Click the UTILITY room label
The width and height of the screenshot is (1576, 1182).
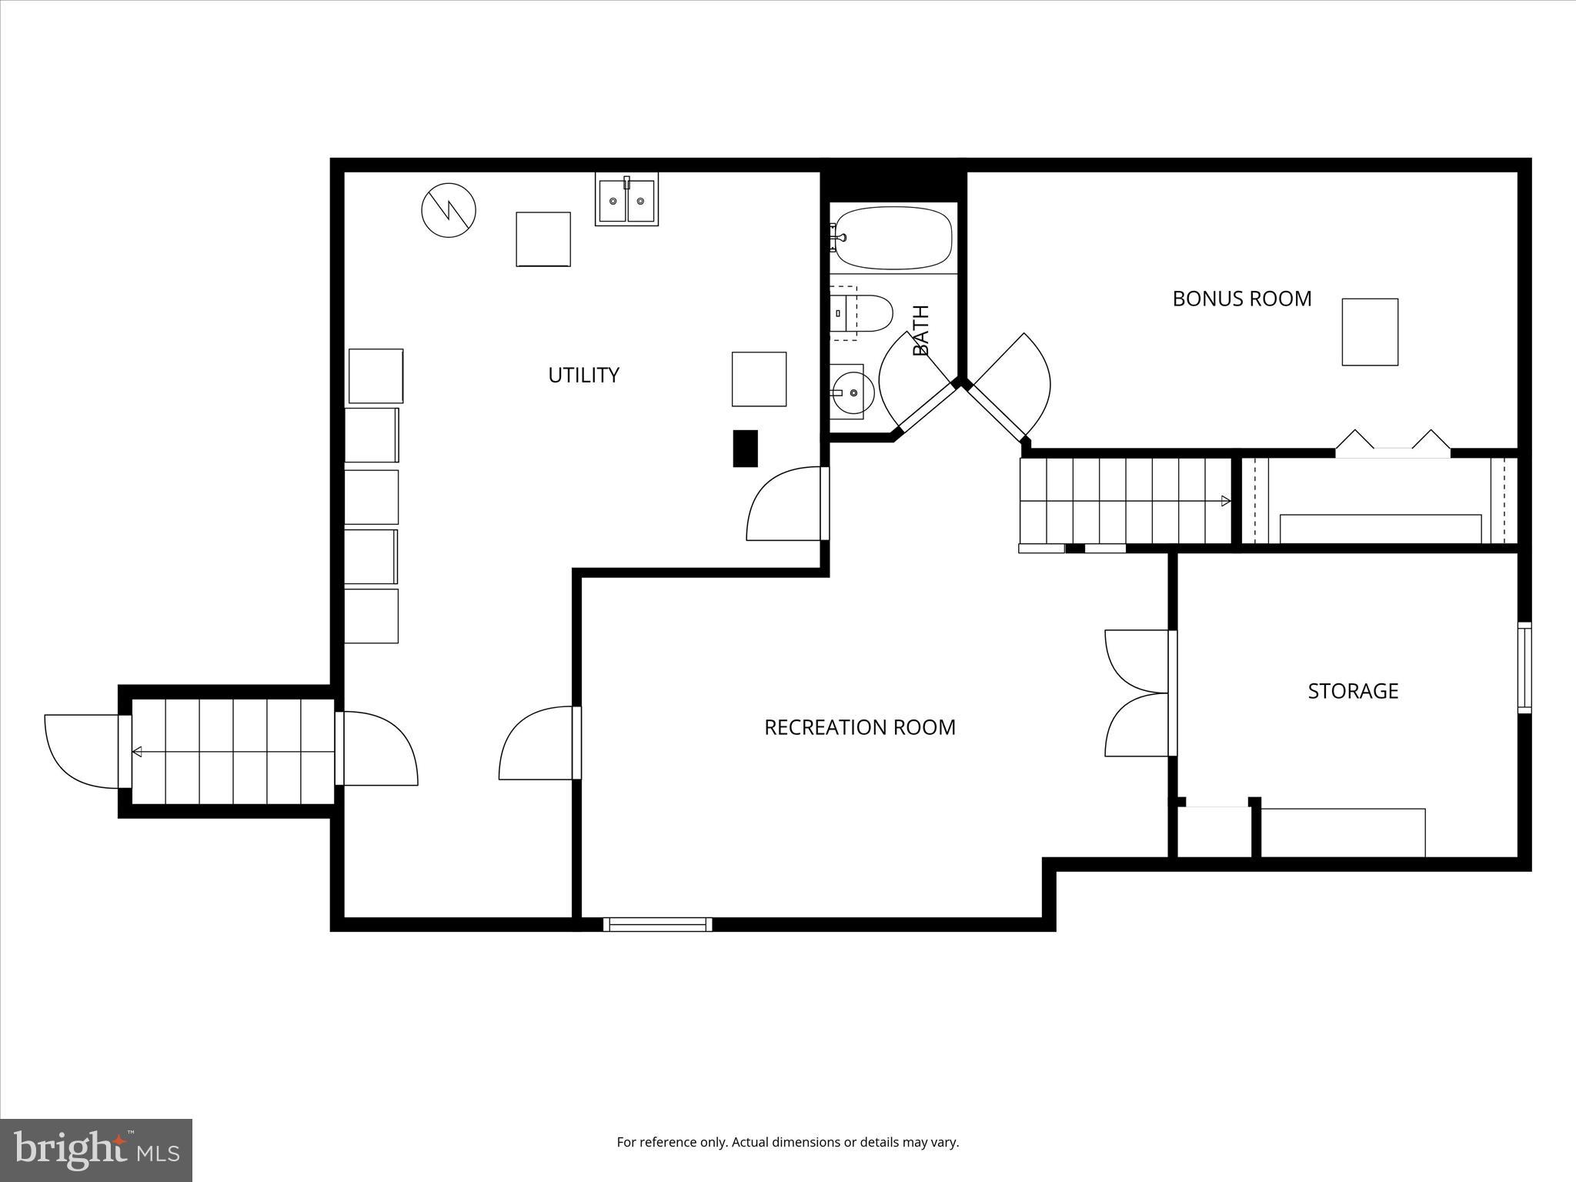pos(583,375)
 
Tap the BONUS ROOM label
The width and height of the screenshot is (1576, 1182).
pos(1241,299)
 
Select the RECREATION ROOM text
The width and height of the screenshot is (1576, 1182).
pos(860,727)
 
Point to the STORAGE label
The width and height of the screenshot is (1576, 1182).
pos(1353,690)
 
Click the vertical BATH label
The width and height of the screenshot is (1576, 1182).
pos(921,331)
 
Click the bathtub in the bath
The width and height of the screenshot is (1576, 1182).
pos(894,237)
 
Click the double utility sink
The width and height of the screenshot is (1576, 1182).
pos(626,200)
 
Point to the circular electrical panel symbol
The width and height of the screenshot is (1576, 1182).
pos(449,210)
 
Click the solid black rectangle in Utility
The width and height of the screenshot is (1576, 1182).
pos(745,448)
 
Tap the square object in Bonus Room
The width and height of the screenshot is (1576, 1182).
pos(1370,332)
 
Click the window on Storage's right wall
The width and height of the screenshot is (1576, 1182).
pos(1524,667)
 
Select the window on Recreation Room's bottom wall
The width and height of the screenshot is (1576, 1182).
pos(657,924)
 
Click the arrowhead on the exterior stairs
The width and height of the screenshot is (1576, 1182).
pos(137,752)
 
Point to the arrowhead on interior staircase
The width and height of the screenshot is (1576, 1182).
pos(1226,501)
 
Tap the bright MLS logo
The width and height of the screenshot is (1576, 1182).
pos(95,1150)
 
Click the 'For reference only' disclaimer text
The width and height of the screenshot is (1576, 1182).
pos(787,1142)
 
